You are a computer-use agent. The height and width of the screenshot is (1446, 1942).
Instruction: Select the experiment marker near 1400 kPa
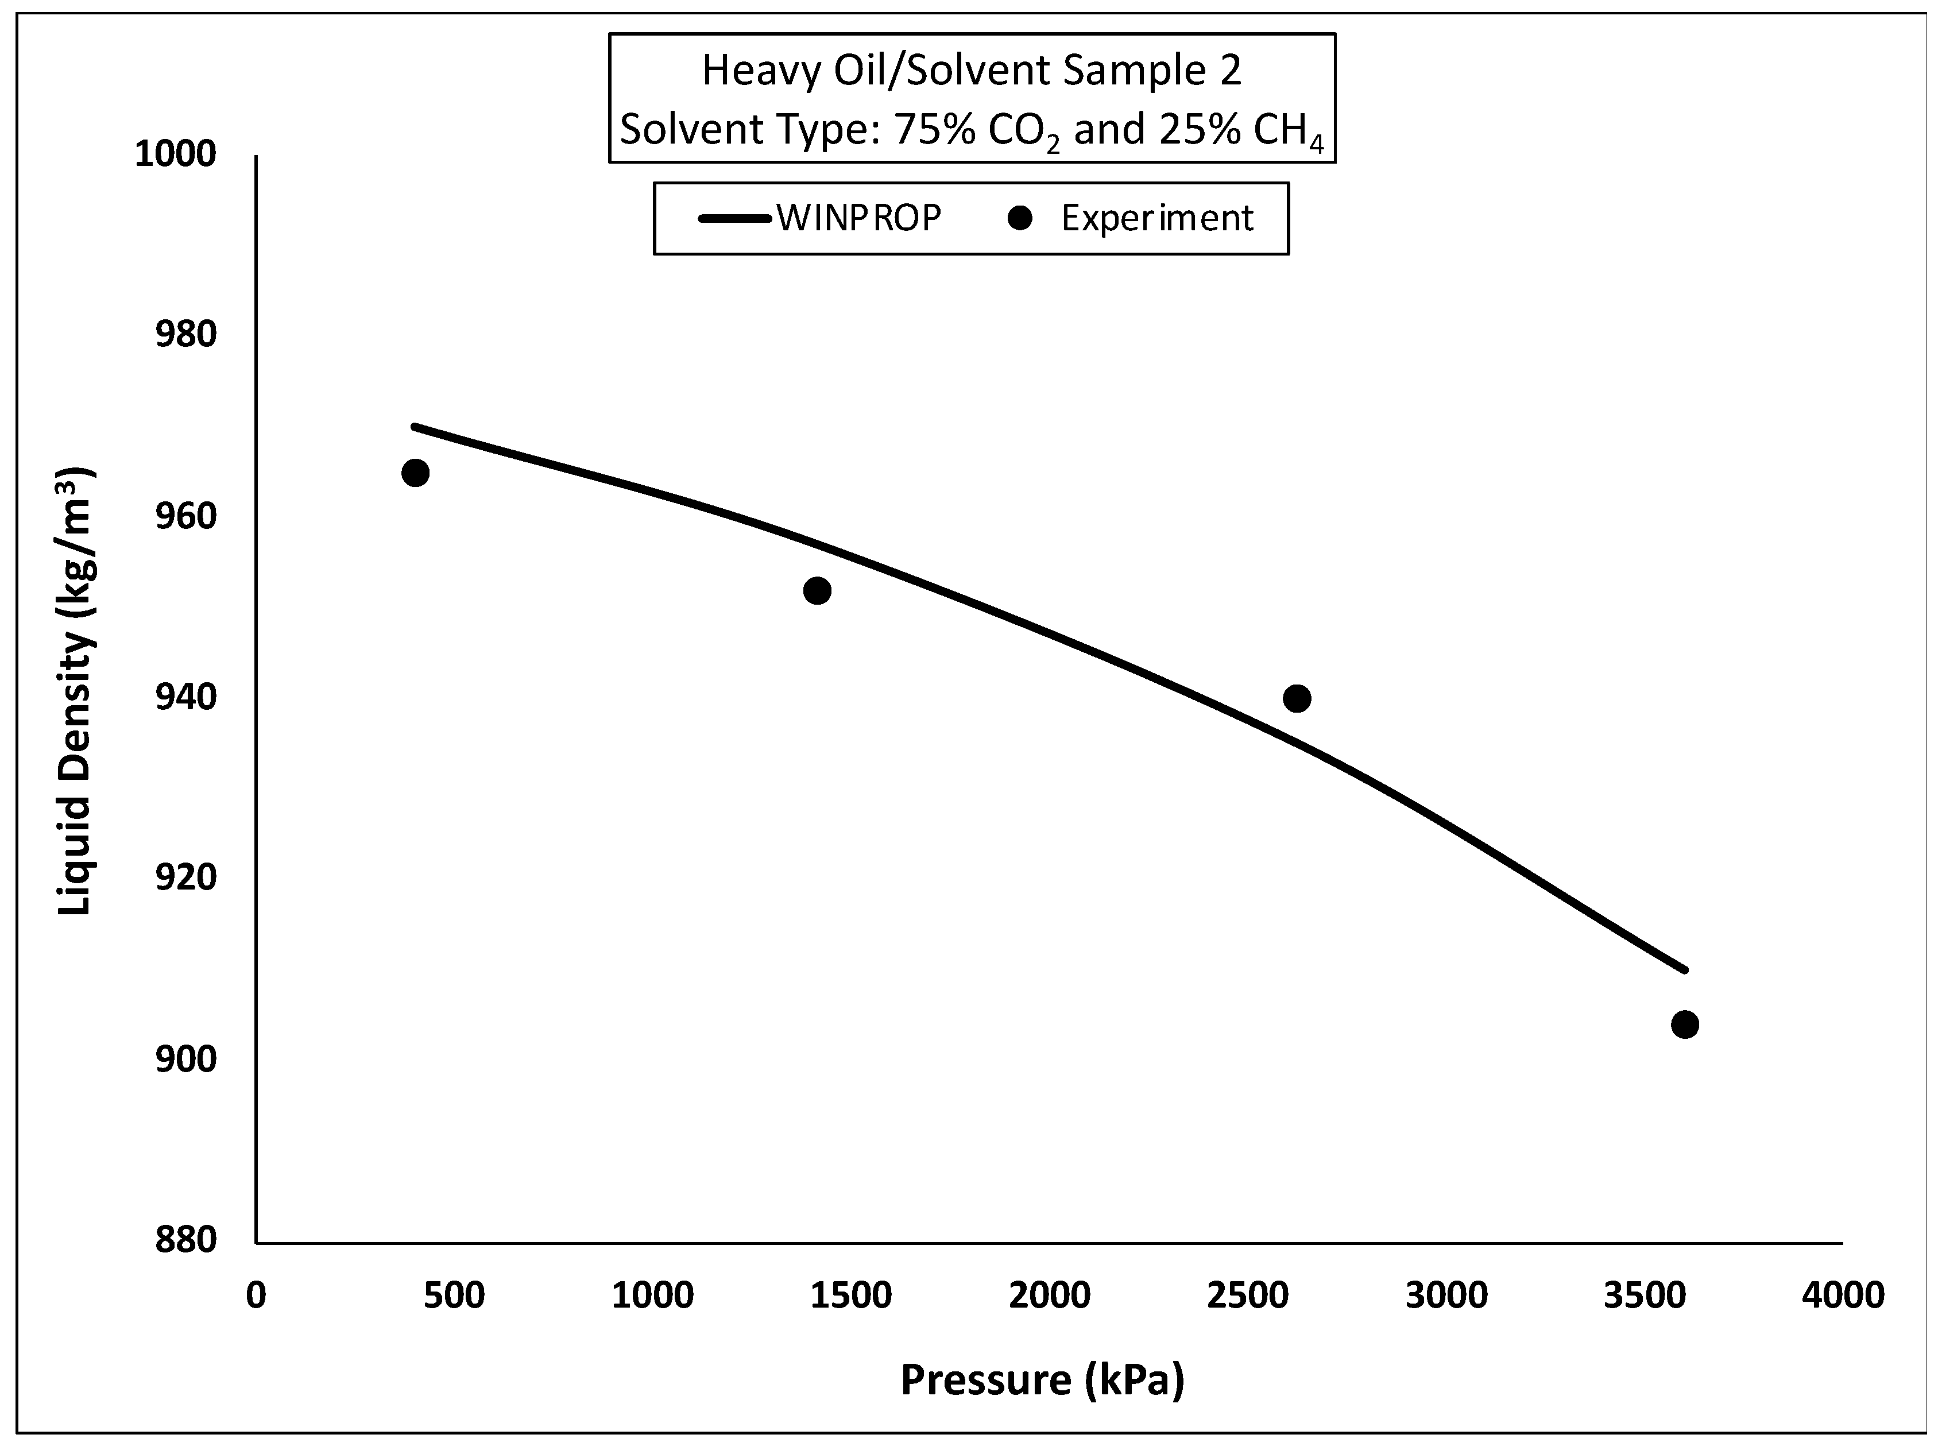pyautogui.click(x=817, y=591)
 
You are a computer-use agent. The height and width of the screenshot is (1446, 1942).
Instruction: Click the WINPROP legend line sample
pyautogui.click(x=735, y=219)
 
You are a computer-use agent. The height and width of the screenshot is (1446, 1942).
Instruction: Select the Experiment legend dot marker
pyautogui.click(x=1020, y=219)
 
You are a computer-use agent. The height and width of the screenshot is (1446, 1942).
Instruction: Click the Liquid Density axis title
pyautogui.click(x=75, y=691)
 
